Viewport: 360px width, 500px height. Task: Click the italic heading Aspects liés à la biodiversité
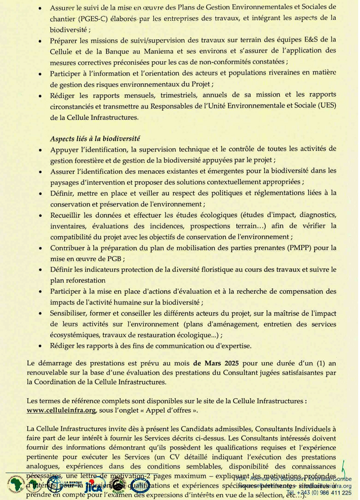click(95, 138)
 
